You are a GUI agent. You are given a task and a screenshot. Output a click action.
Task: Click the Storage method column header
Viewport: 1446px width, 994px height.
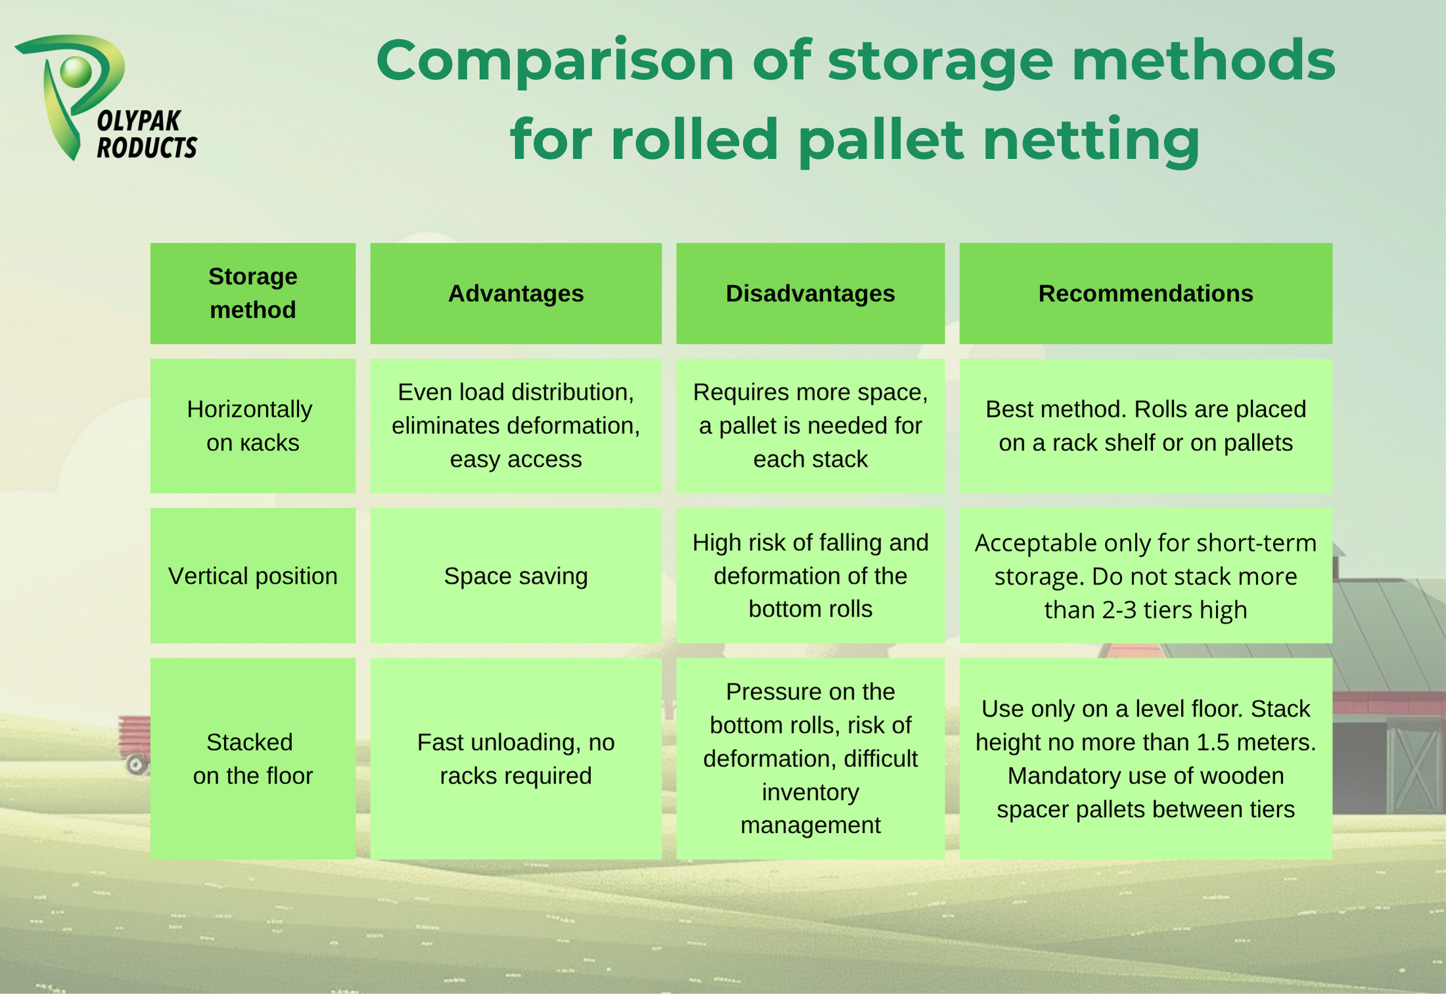253,293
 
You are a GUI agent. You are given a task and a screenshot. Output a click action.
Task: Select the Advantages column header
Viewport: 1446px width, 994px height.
516,293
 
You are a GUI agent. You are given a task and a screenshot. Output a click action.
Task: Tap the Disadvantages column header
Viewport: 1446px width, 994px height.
810,293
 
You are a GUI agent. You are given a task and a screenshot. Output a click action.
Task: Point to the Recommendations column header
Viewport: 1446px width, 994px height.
1146,293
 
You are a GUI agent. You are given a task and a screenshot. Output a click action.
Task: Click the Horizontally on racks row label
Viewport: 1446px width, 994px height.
253,426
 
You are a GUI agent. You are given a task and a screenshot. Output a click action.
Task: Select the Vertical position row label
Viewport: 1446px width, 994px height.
253,576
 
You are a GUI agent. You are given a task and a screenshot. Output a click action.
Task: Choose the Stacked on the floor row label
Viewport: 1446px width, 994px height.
253,759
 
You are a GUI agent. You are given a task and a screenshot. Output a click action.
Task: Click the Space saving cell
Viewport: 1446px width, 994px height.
516,576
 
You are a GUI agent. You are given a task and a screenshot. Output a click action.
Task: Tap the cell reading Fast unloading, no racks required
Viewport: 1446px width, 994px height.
516,759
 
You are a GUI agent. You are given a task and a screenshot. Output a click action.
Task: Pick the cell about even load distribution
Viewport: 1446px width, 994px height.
516,426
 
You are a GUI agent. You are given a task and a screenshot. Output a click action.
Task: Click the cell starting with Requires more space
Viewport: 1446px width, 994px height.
810,426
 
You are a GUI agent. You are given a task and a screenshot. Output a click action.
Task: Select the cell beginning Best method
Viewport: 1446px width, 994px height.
1146,426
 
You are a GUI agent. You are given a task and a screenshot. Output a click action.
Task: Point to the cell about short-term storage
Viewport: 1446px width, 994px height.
1146,576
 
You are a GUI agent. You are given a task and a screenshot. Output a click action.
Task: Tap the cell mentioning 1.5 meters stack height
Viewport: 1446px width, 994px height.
1146,759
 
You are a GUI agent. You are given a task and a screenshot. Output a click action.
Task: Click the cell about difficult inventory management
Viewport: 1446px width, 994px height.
810,759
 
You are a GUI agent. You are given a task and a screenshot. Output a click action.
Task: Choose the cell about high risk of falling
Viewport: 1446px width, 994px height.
810,576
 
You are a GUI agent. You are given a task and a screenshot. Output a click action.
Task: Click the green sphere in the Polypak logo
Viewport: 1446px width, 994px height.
76,72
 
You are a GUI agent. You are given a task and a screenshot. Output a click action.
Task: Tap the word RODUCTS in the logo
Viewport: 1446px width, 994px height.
147,147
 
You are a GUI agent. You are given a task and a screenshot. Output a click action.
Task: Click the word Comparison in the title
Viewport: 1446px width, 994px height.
555,61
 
